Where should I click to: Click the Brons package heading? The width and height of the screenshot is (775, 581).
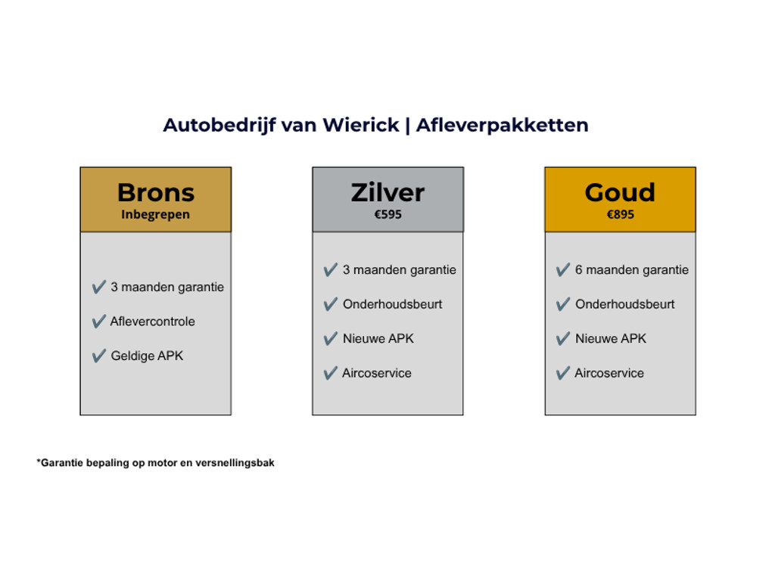(156, 192)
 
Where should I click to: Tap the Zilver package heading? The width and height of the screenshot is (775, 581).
(388, 192)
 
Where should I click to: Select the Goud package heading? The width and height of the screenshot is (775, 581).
(621, 192)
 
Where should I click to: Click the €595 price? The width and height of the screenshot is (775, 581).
(388, 214)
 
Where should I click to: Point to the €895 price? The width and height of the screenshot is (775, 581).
(621, 214)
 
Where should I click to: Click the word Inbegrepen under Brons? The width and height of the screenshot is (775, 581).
(156, 215)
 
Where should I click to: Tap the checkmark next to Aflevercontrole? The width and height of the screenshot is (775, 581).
(99, 321)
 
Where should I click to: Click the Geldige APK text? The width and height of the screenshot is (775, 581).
(147, 356)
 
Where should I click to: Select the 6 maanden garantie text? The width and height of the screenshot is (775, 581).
(632, 270)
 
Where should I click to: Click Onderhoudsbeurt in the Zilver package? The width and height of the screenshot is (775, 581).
(393, 304)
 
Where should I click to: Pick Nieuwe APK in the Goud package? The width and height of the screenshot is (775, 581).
(611, 338)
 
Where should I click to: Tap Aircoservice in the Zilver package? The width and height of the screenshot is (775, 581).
(377, 373)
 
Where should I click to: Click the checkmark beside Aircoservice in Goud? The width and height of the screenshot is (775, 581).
(563, 373)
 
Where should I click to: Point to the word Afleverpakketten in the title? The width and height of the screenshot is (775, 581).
(503, 126)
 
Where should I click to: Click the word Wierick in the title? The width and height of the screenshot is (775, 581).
(361, 125)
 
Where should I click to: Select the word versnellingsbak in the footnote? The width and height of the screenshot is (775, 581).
(235, 463)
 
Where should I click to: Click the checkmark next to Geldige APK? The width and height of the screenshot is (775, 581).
(99, 356)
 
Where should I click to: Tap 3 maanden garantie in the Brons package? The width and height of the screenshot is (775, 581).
(167, 287)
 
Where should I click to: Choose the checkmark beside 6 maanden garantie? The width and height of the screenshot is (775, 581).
(563, 270)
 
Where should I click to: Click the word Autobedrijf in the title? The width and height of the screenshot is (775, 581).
(219, 126)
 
